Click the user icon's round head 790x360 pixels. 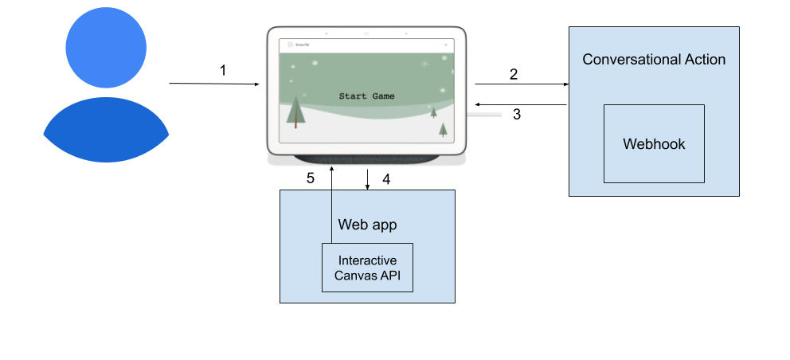[106, 47]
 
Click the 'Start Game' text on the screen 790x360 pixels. [366, 96]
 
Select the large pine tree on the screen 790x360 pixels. [295, 112]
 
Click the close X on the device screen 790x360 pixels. [445, 45]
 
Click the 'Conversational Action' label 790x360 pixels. [654, 60]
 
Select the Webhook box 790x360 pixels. [654, 144]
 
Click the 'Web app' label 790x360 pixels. [367, 225]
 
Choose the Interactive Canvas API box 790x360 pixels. [367, 268]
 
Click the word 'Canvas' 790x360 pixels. [356, 276]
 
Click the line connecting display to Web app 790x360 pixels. [331, 215]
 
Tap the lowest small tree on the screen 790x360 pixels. [443, 129]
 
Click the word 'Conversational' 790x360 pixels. [629, 60]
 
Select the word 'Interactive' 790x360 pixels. [367, 260]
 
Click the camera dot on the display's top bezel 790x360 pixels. [366, 33]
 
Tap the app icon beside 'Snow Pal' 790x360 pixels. [290, 45]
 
